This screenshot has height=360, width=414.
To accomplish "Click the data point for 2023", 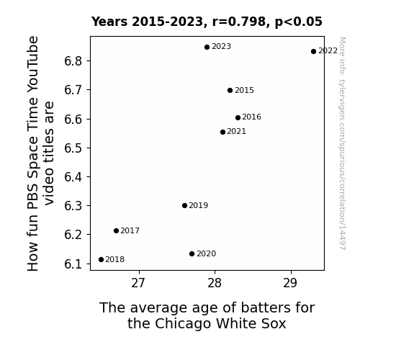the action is point(207,48).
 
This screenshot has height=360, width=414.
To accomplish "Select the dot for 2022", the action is point(313,52).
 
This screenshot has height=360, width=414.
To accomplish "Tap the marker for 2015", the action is point(230,90).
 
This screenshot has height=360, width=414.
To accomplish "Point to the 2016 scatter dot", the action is point(238,117).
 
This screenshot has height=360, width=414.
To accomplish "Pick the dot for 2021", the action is point(223,132).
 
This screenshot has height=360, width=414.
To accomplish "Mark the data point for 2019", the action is point(184,205).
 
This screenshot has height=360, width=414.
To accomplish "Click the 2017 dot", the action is point(116,231).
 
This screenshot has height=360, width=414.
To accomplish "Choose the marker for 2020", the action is point(192,254).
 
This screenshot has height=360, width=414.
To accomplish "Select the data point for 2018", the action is point(101,260).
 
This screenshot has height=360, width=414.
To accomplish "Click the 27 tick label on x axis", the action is point(138,284).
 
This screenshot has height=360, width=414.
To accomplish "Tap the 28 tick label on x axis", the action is point(215,284).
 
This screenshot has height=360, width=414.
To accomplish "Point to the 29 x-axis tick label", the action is point(290,284).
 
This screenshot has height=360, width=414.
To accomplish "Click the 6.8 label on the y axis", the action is point(73,61).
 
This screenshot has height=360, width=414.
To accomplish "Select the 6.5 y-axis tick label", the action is point(73,148).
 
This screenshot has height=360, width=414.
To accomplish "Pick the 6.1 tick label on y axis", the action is point(73,264).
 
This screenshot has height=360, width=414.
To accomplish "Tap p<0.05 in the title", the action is point(299,22).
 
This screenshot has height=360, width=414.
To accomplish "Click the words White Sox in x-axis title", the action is point(251,323).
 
